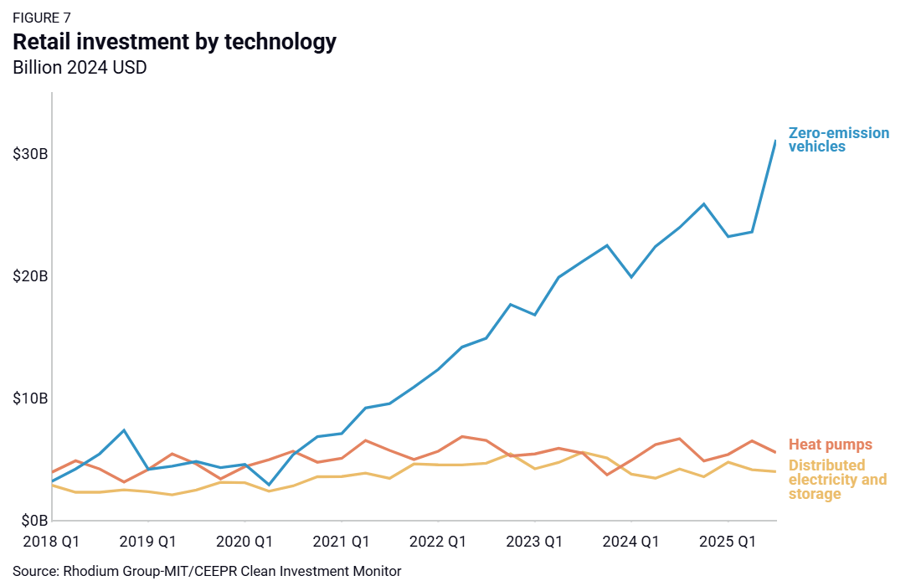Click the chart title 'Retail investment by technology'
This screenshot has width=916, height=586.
coord(174,42)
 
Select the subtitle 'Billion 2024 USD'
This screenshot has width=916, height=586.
coord(80,68)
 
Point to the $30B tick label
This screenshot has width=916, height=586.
coord(30,155)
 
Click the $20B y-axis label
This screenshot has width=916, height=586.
coord(30,276)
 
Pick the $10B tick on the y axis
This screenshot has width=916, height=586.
coord(30,398)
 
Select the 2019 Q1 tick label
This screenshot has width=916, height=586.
coord(147,542)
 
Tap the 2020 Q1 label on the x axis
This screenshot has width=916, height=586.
coord(244,542)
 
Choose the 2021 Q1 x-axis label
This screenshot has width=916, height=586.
coord(342,542)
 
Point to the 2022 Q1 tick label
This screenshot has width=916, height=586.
coord(438,542)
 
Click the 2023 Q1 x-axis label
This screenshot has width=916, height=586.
coord(534,542)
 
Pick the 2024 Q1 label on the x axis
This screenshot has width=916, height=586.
coord(631,542)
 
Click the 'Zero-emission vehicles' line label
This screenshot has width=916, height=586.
coord(839,140)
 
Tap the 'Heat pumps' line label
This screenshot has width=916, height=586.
coord(831,445)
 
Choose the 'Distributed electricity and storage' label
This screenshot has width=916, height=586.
coord(837,480)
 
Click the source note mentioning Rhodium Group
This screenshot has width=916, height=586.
coord(207,572)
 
